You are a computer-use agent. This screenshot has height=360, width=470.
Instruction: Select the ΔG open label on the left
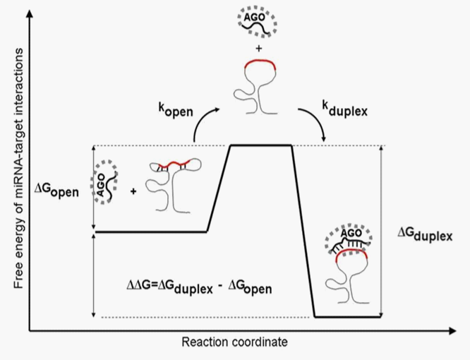[x=58, y=189]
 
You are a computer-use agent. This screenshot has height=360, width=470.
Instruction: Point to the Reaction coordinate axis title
[x=235, y=343]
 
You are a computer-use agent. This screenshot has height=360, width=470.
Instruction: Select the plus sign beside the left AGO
[x=132, y=190]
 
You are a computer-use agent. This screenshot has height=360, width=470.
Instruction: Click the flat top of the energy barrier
[x=261, y=145]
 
